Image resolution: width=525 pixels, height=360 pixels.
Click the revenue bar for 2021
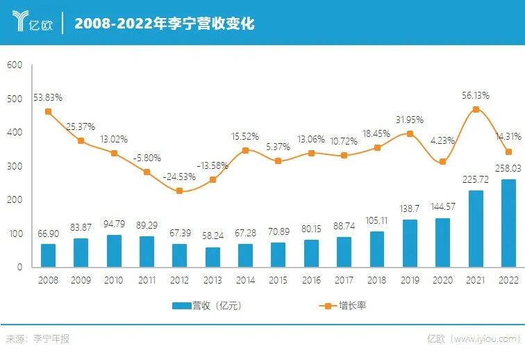click(x=476, y=229)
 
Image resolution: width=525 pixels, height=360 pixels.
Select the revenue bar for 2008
click(x=48, y=255)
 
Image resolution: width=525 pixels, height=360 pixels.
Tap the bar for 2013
click(x=212, y=257)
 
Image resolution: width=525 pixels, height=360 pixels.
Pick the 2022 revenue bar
click(x=508, y=223)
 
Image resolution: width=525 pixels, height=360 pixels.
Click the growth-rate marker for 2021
click(x=476, y=109)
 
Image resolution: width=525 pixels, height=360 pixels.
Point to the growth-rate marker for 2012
click(x=180, y=190)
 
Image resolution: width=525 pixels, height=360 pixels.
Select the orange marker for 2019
click(x=410, y=133)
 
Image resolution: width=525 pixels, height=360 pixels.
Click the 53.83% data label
click(x=48, y=97)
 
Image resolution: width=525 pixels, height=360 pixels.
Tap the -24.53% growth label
click(x=180, y=177)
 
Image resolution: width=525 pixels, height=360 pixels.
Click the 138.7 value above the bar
click(x=410, y=208)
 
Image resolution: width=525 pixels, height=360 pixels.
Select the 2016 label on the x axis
click(x=311, y=280)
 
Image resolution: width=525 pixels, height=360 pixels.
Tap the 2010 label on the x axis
click(x=114, y=280)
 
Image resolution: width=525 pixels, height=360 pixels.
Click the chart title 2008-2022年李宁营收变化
click(x=165, y=24)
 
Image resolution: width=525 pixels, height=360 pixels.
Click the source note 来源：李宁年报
click(x=38, y=339)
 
